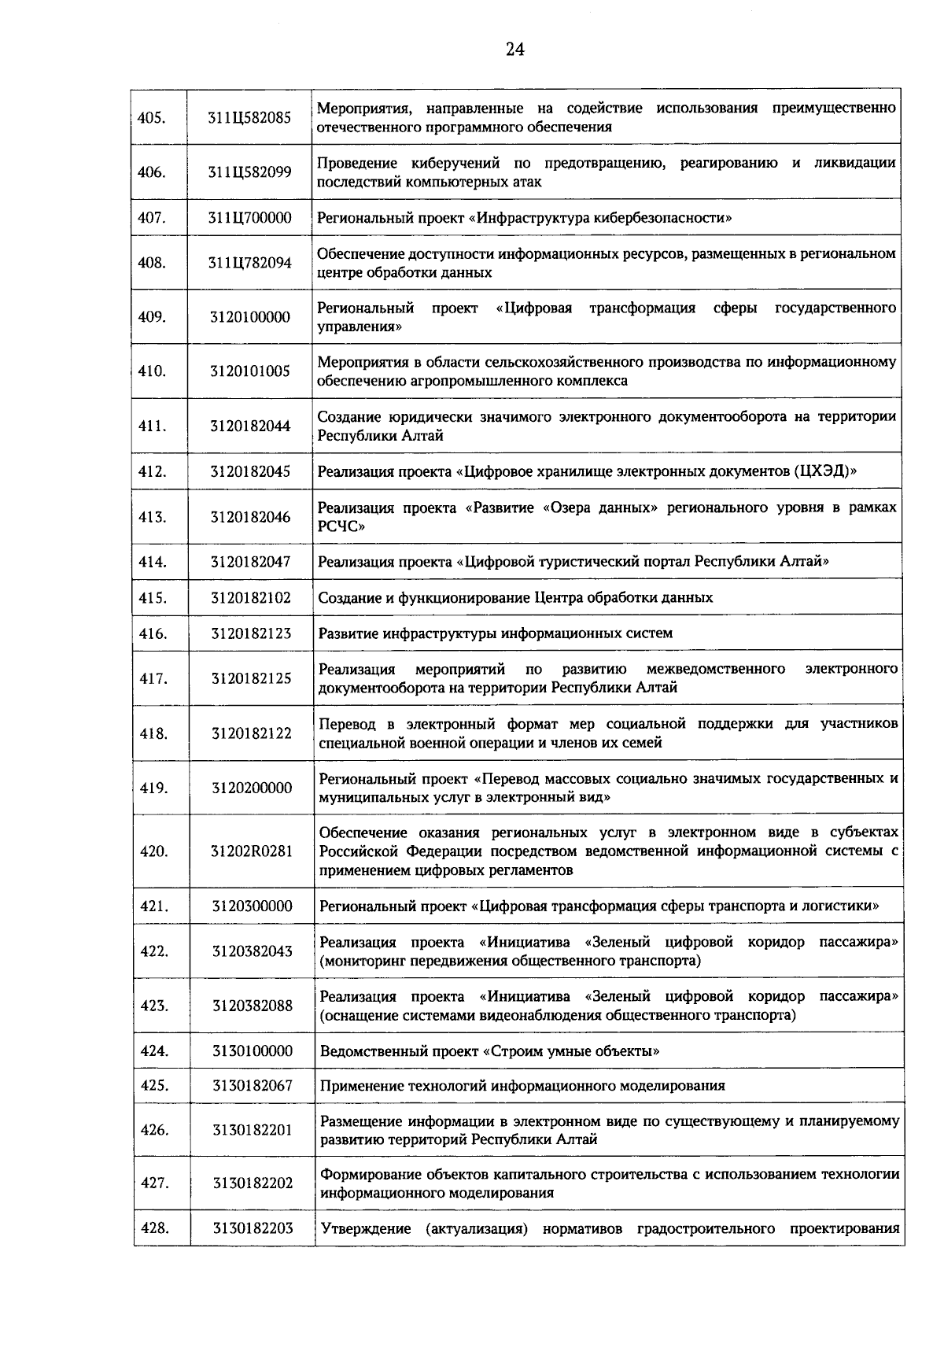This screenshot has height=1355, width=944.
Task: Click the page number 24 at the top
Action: [x=514, y=50]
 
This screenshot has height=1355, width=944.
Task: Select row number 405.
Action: [x=151, y=117]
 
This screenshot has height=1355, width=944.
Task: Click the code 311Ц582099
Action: [x=249, y=172]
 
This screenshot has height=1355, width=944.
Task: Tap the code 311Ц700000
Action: [x=249, y=218]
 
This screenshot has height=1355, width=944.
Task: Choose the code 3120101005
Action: [x=249, y=371]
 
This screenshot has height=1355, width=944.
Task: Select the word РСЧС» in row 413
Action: [x=340, y=526]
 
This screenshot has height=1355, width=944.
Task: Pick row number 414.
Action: [x=153, y=562]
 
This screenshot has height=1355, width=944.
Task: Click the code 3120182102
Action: [x=250, y=598]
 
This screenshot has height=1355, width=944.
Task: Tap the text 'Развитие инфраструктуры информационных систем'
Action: [x=496, y=633]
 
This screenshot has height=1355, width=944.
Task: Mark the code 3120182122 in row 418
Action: [x=251, y=734]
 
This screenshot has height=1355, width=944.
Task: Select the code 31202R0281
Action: [x=251, y=851]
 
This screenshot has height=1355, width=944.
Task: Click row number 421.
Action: [x=153, y=906]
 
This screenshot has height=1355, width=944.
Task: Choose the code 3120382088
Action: [x=252, y=1006]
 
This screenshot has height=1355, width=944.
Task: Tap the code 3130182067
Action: [x=252, y=1086]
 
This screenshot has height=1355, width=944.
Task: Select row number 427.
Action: [x=154, y=1183]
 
